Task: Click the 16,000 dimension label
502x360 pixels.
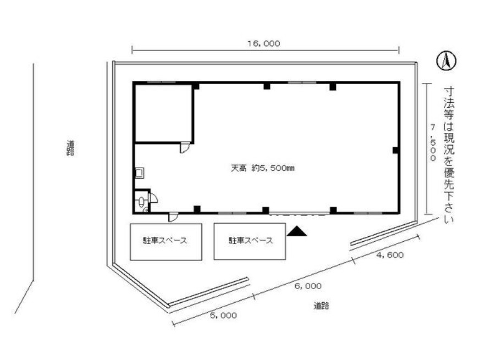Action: (263, 43)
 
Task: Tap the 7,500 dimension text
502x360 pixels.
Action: (433, 143)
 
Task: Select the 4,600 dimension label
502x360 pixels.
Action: (390, 255)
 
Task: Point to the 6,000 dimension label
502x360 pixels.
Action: (308, 286)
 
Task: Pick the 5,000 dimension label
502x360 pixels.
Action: (223, 315)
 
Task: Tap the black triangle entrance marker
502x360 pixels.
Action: (296, 231)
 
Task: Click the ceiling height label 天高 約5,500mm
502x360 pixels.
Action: (262, 168)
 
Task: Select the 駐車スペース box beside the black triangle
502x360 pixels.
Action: (250, 241)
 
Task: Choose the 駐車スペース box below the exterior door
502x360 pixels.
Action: (166, 242)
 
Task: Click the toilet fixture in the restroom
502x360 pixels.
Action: (141, 202)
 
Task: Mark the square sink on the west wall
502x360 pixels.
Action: (140, 173)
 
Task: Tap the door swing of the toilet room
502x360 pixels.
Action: (153, 198)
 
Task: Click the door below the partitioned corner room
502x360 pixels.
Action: (185, 148)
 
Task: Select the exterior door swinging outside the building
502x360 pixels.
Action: (173, 217)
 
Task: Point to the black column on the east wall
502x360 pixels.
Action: (396, 150)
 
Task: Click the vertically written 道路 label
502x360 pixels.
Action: (70, 148)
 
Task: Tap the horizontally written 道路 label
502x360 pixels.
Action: (321, 306)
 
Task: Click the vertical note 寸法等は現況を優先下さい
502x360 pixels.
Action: (449, 155)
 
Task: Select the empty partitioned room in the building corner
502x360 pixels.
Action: (164, 113)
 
